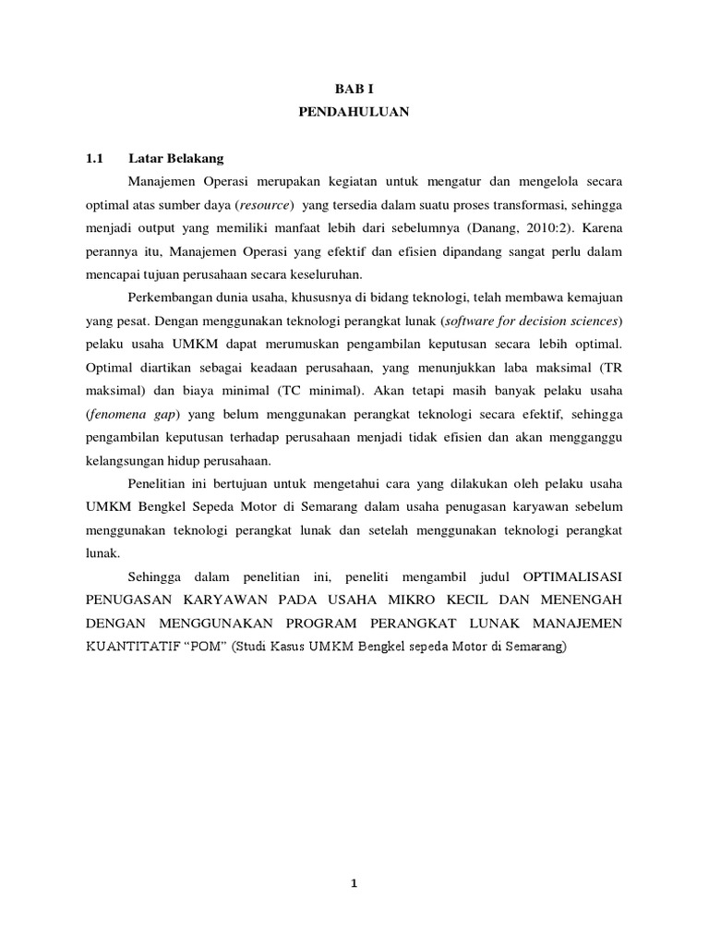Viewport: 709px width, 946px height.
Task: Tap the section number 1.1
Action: pyautogui.click(x=93, y=158)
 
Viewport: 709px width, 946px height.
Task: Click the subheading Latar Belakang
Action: pyautogui.click(x=176, y=158)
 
